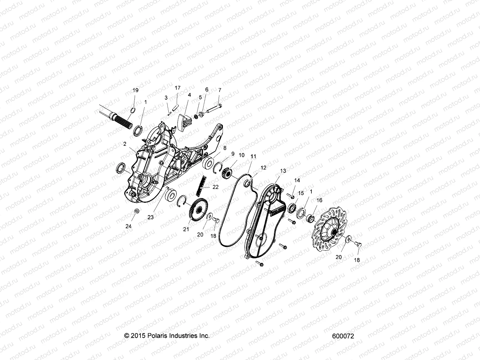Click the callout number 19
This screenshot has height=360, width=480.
[x=135, y=90]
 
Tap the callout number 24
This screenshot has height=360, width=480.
[x=128, y=226]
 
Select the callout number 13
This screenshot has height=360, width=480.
[x=283, y=171]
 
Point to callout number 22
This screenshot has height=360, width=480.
[x=215, y=187]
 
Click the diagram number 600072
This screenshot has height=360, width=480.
[x=343, y=336]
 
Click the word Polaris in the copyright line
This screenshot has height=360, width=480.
[x=156, y=336]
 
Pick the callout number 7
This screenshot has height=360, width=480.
[x=220, y=90]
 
